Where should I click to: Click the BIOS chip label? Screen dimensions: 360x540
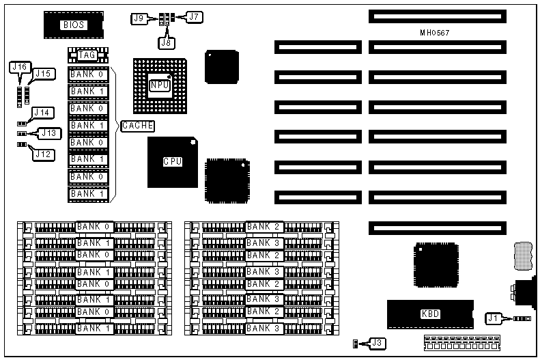tap(74, 25)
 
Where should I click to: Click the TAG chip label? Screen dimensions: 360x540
tap(87, 55)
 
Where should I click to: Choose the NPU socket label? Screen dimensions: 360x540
tap(160, 84)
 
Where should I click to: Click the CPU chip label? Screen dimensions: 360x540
tap(171, 162)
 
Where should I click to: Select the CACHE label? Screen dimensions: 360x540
tap(138, 126)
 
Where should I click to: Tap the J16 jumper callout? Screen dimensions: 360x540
tap(18, 66)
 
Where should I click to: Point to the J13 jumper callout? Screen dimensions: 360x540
tap(49, 133)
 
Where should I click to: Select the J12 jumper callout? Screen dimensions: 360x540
tap(42, 154)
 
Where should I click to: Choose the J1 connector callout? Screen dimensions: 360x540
tap(494, 318)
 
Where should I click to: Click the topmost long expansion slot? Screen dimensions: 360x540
tap(438, 15)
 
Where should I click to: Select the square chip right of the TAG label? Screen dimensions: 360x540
tap(221, 66)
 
